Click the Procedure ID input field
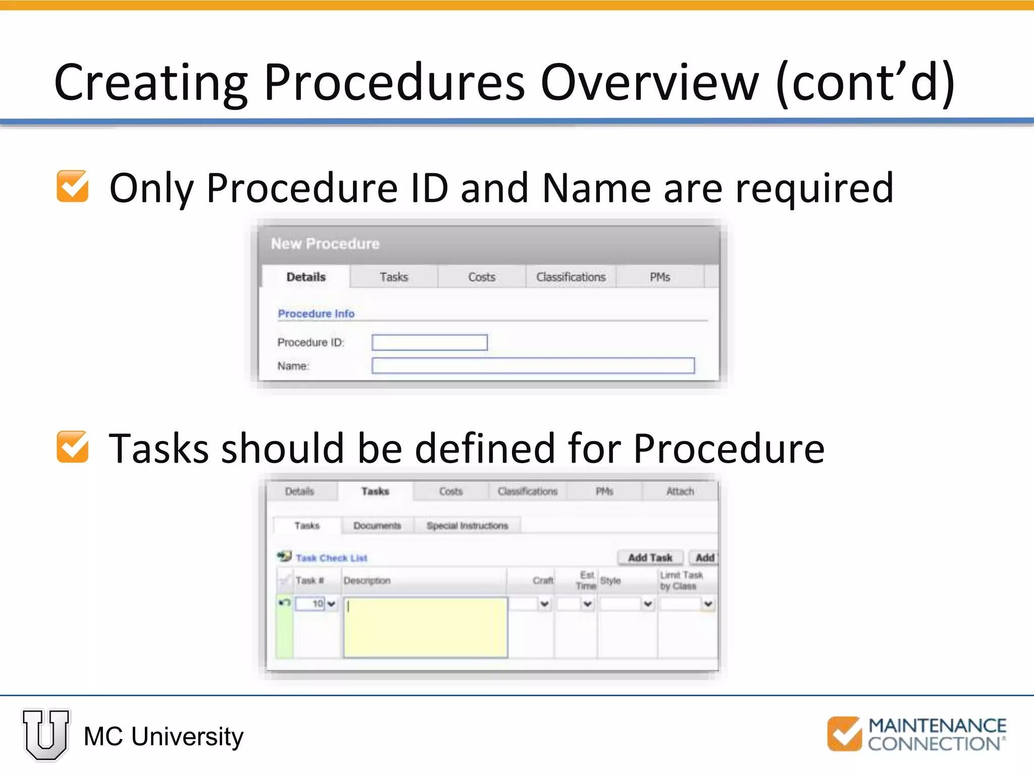429,343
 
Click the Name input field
533,366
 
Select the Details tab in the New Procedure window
306,277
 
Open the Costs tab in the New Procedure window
482,277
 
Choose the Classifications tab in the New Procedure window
571,277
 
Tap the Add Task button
650,558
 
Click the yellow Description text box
426,627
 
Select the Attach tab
680,491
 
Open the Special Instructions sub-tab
467,526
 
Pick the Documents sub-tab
377,526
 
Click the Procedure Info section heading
316,313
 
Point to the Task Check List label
331,558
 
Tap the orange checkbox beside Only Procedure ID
73,186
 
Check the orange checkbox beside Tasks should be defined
73,447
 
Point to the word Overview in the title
649,82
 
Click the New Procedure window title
325,244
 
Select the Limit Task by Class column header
682,580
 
